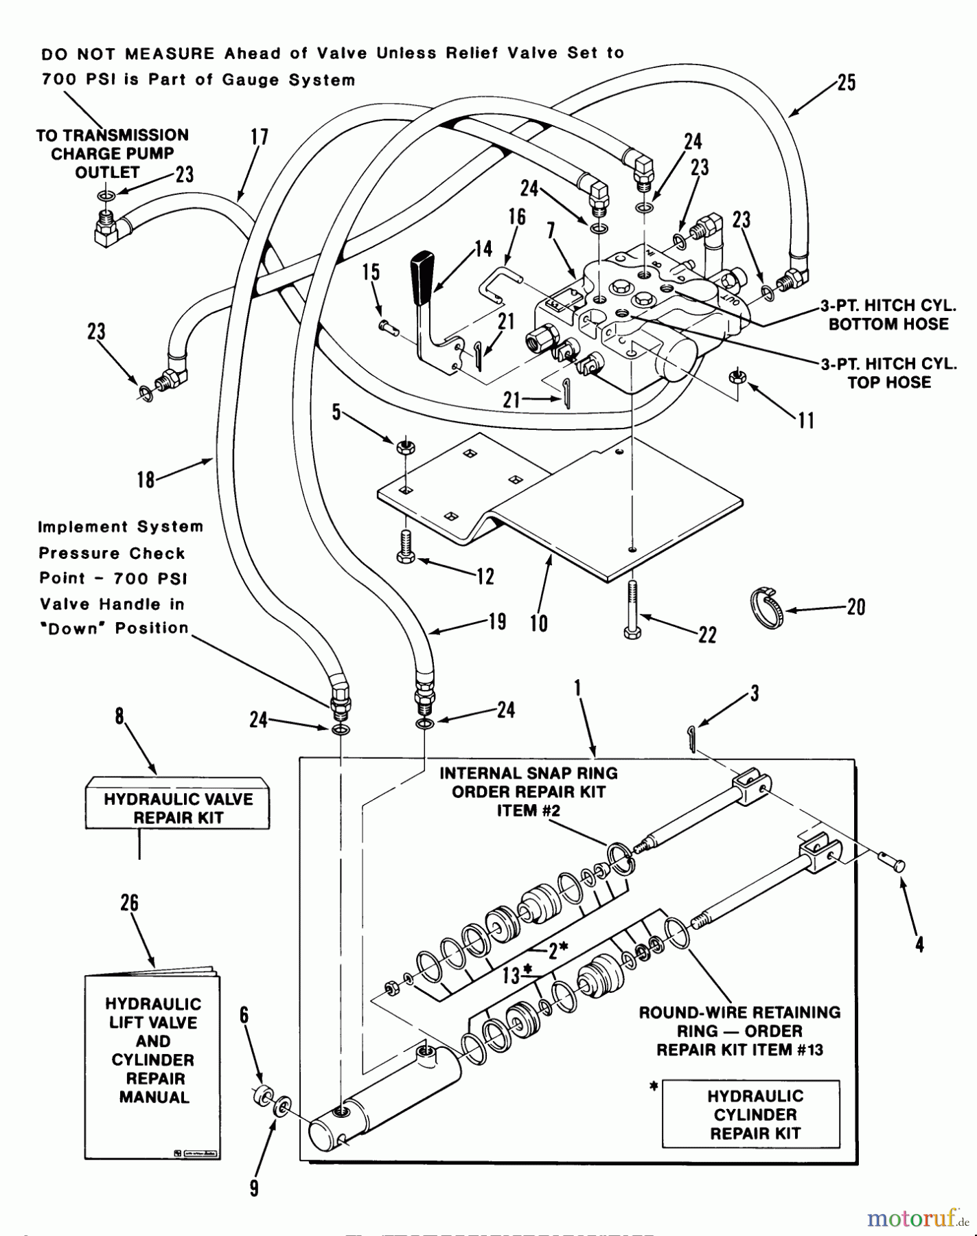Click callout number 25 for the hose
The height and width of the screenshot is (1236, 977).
pyautogui.click(x=847, y=84)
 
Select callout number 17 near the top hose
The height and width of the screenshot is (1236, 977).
pyautogui.click(x=260, y=137)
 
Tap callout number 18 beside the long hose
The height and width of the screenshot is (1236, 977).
pyautogui.click(x=146, y=479)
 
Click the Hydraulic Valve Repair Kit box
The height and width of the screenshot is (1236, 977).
pyautogui.click(x=178, y=808)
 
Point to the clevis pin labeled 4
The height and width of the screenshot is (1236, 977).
pyautogui.click(x=893, y=864)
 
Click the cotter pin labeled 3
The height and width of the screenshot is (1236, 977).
pyautogui.click(x=692, y=740)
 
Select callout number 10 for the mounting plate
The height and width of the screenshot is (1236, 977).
pyautogui.click(x=539, y=623)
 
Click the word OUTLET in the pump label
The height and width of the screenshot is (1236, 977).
pyautogui.click(x=107, y=172)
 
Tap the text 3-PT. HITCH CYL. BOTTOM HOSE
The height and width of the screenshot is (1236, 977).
pyautogui.click(x=888, y=314)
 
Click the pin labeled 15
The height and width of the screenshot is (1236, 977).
pyautogui.click(x=388, y=328)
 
